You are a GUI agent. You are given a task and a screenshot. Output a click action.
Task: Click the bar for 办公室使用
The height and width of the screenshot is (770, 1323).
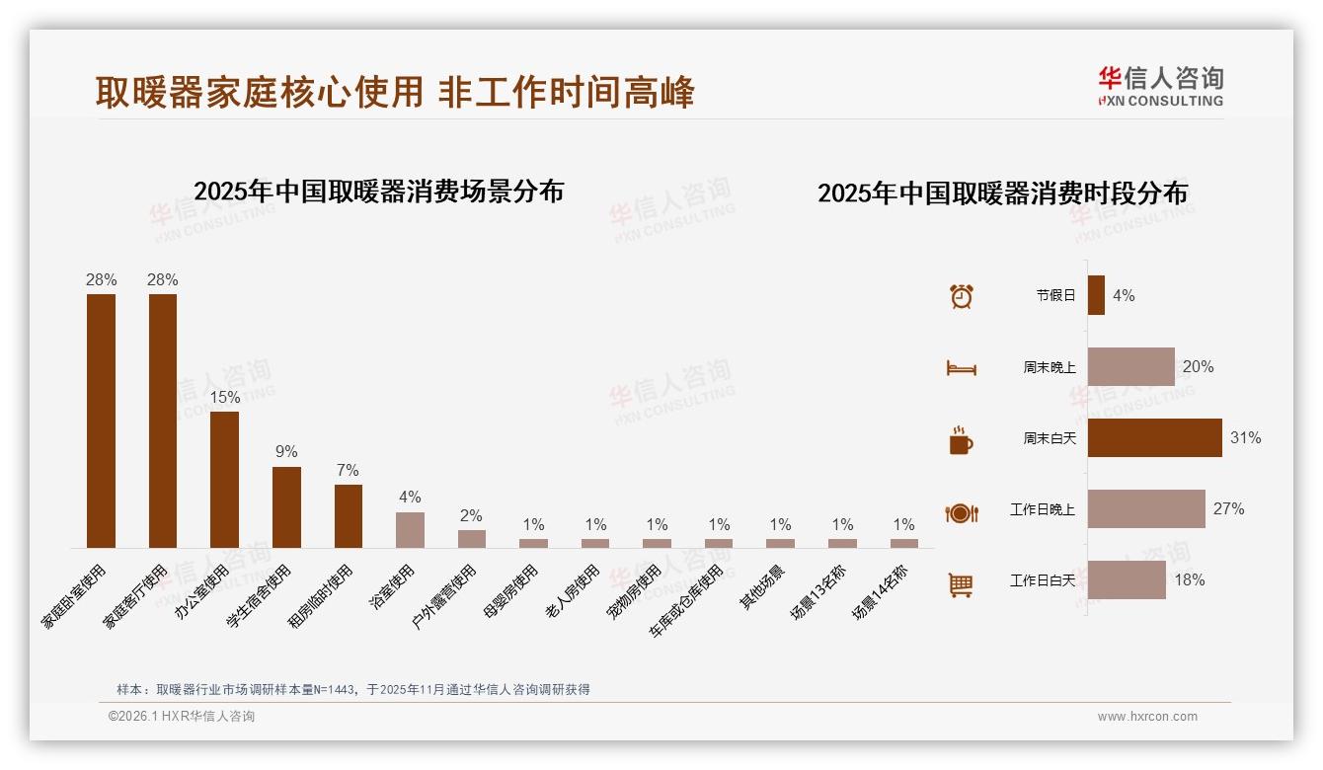[x=224, y=479]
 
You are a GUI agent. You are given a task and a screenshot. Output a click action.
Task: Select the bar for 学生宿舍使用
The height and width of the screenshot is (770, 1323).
[x=286, y=506]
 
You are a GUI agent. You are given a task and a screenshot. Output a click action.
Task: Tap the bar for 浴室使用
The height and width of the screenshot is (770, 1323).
[x=410, y=529]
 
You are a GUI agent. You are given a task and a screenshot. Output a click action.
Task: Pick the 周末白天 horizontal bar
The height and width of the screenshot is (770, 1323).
[x=1154, y=437]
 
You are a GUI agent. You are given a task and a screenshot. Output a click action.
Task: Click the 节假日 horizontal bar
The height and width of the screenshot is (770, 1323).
[x=1096, y=295]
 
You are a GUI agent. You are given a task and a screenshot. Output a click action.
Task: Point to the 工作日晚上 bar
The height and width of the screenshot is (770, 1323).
[x=1145, y=508]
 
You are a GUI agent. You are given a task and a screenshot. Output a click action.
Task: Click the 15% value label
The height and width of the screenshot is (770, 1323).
[x=224, y=397]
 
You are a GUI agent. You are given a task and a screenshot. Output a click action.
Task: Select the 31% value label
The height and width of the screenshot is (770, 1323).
[x=1245, y=437]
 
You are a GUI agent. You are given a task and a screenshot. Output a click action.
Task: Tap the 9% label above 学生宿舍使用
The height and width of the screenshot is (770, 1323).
[x=286, y=452]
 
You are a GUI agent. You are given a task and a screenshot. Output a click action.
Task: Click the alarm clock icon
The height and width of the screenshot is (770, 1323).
[x=961, y=295]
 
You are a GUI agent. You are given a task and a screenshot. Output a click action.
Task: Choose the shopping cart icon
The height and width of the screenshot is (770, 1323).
[x=961, y=584]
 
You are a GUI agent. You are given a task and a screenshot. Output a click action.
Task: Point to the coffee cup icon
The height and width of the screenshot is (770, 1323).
[x=961, y=440]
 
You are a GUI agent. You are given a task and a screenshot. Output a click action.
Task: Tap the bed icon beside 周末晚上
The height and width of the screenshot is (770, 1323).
[x=961, y=368]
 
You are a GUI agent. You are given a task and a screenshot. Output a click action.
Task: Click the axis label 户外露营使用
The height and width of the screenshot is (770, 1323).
[x=445, y=596]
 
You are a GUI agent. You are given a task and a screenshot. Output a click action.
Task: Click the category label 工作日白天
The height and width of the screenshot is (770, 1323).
[x=1042, y=580]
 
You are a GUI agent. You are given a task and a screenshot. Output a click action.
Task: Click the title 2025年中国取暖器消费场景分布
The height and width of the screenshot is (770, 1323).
[x=378, y=191]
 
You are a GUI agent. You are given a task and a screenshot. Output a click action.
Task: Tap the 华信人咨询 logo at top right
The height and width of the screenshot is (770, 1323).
[x=1160, y=86]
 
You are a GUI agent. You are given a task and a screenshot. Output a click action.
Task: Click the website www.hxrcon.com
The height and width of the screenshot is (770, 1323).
[x=1147, y=717]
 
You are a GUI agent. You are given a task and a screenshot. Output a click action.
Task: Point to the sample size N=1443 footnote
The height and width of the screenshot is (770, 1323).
[x=353, y=689]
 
